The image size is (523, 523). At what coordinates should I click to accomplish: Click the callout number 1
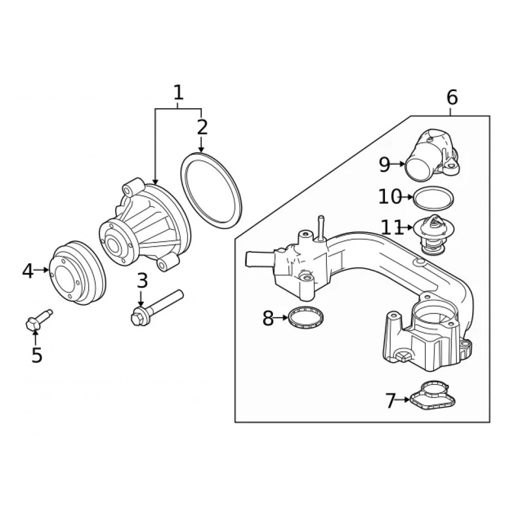178,93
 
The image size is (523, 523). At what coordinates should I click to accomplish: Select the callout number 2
202,127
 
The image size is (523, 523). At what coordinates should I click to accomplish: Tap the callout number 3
142,281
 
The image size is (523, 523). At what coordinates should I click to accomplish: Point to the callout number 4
28,270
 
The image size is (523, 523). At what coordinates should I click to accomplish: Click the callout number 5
36,355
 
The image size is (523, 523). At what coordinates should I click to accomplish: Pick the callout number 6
452,97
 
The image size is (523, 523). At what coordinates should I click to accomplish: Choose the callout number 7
391,401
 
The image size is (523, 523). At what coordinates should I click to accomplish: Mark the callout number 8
268,318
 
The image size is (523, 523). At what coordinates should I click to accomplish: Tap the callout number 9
384,165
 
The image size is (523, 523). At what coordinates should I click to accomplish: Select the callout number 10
390,197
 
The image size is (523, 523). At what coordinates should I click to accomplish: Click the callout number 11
392,228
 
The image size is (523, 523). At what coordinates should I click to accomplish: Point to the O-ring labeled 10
433,198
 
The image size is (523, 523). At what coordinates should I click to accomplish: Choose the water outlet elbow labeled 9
433,157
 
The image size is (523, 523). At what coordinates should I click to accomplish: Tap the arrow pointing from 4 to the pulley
42,270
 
